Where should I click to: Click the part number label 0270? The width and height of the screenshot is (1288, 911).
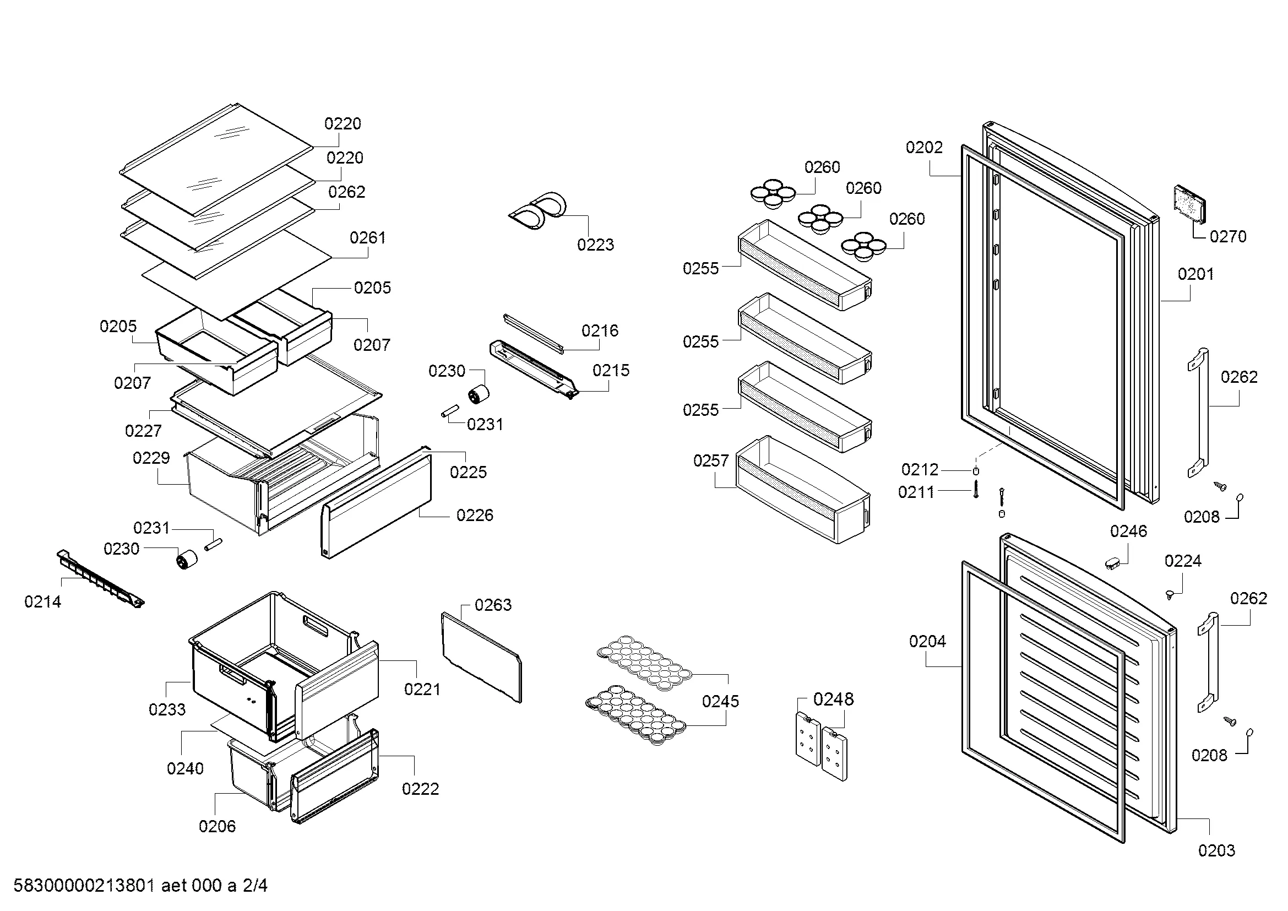tap(1227, 237)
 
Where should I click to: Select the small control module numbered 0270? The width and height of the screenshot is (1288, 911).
tap(1189, 206)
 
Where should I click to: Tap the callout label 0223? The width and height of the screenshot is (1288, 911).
tap(595, 245)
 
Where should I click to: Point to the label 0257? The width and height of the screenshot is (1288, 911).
tap(711, 460)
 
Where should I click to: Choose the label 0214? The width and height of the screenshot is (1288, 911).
tap(42, 602)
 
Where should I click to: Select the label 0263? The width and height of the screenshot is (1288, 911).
tap(492, 605)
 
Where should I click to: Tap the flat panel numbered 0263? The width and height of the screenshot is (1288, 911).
tap(481, 657)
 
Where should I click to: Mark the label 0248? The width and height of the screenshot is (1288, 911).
tap(833, 699)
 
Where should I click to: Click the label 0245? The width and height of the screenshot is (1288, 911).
tap(720, 701)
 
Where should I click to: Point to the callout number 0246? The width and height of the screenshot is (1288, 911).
tap(1129, 530)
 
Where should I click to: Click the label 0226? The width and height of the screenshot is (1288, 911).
tap(475, 515)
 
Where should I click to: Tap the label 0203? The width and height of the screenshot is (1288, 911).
tap(1216, 850)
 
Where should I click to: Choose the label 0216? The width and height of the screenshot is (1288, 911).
tap(600, 330)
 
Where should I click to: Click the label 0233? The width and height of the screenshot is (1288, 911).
tap(167, 709)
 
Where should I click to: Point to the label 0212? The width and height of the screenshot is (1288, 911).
tap(920, 469)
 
